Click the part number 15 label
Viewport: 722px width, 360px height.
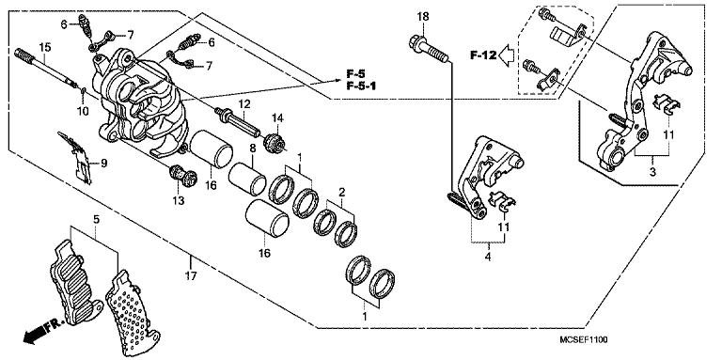43,49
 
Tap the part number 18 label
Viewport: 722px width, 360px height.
422,17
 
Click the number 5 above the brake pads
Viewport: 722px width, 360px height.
95,220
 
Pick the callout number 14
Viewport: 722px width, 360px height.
277,118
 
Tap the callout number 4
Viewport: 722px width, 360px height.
487,254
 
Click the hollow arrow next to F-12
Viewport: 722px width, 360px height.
507,55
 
